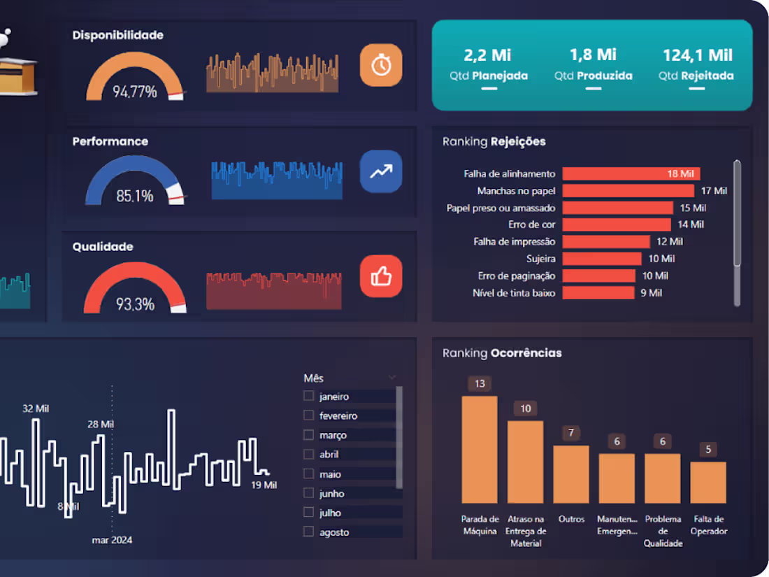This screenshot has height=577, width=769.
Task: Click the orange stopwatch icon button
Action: coord(381,65)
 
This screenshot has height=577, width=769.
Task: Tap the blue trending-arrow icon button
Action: coord(381,171)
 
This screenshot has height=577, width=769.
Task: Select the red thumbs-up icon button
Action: coord(381,276)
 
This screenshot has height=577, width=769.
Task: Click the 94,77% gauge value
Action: coord(135,92)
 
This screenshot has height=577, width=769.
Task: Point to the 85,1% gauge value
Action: coord(135,197)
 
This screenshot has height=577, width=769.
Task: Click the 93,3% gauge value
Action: coord(136,304)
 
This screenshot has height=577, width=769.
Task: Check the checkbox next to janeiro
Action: coord(308,396)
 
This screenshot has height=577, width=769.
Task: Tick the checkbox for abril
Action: coord(308,455)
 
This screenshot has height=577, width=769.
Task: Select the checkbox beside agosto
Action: coord(308,532)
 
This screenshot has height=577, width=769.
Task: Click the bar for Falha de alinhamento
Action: coord(631,173)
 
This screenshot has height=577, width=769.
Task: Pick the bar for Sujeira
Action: coord(602,259)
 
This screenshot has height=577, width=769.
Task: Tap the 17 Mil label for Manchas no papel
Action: coord(714,191)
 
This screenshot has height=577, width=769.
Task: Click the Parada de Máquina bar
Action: coord(480,450)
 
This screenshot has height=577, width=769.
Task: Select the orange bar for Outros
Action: coord(571,474)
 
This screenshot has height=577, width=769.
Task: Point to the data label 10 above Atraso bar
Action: coord(525,408)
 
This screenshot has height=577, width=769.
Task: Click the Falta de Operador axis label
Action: coord(709,525)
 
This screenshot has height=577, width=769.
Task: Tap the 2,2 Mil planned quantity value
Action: coord(487,55)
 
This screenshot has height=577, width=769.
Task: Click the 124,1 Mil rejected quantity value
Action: coord(698,55)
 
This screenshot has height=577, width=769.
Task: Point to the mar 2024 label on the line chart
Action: coord(112,540)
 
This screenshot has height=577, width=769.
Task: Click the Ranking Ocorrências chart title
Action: coord(502,353)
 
